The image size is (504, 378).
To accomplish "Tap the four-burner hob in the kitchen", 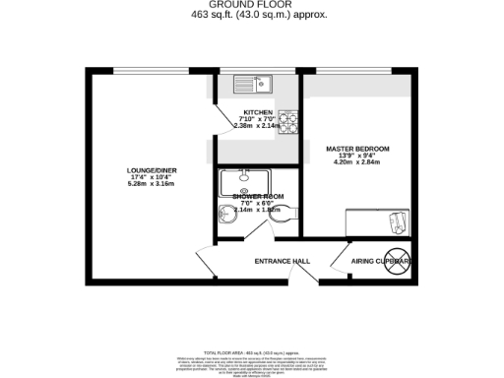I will coord(288,120).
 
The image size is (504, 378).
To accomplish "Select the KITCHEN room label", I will coord(258,112).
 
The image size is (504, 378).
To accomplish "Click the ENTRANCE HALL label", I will coord(283,261).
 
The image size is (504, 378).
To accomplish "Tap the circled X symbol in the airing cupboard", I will coord(397,260).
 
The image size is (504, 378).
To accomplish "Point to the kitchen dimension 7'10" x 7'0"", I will coord(258,119).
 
